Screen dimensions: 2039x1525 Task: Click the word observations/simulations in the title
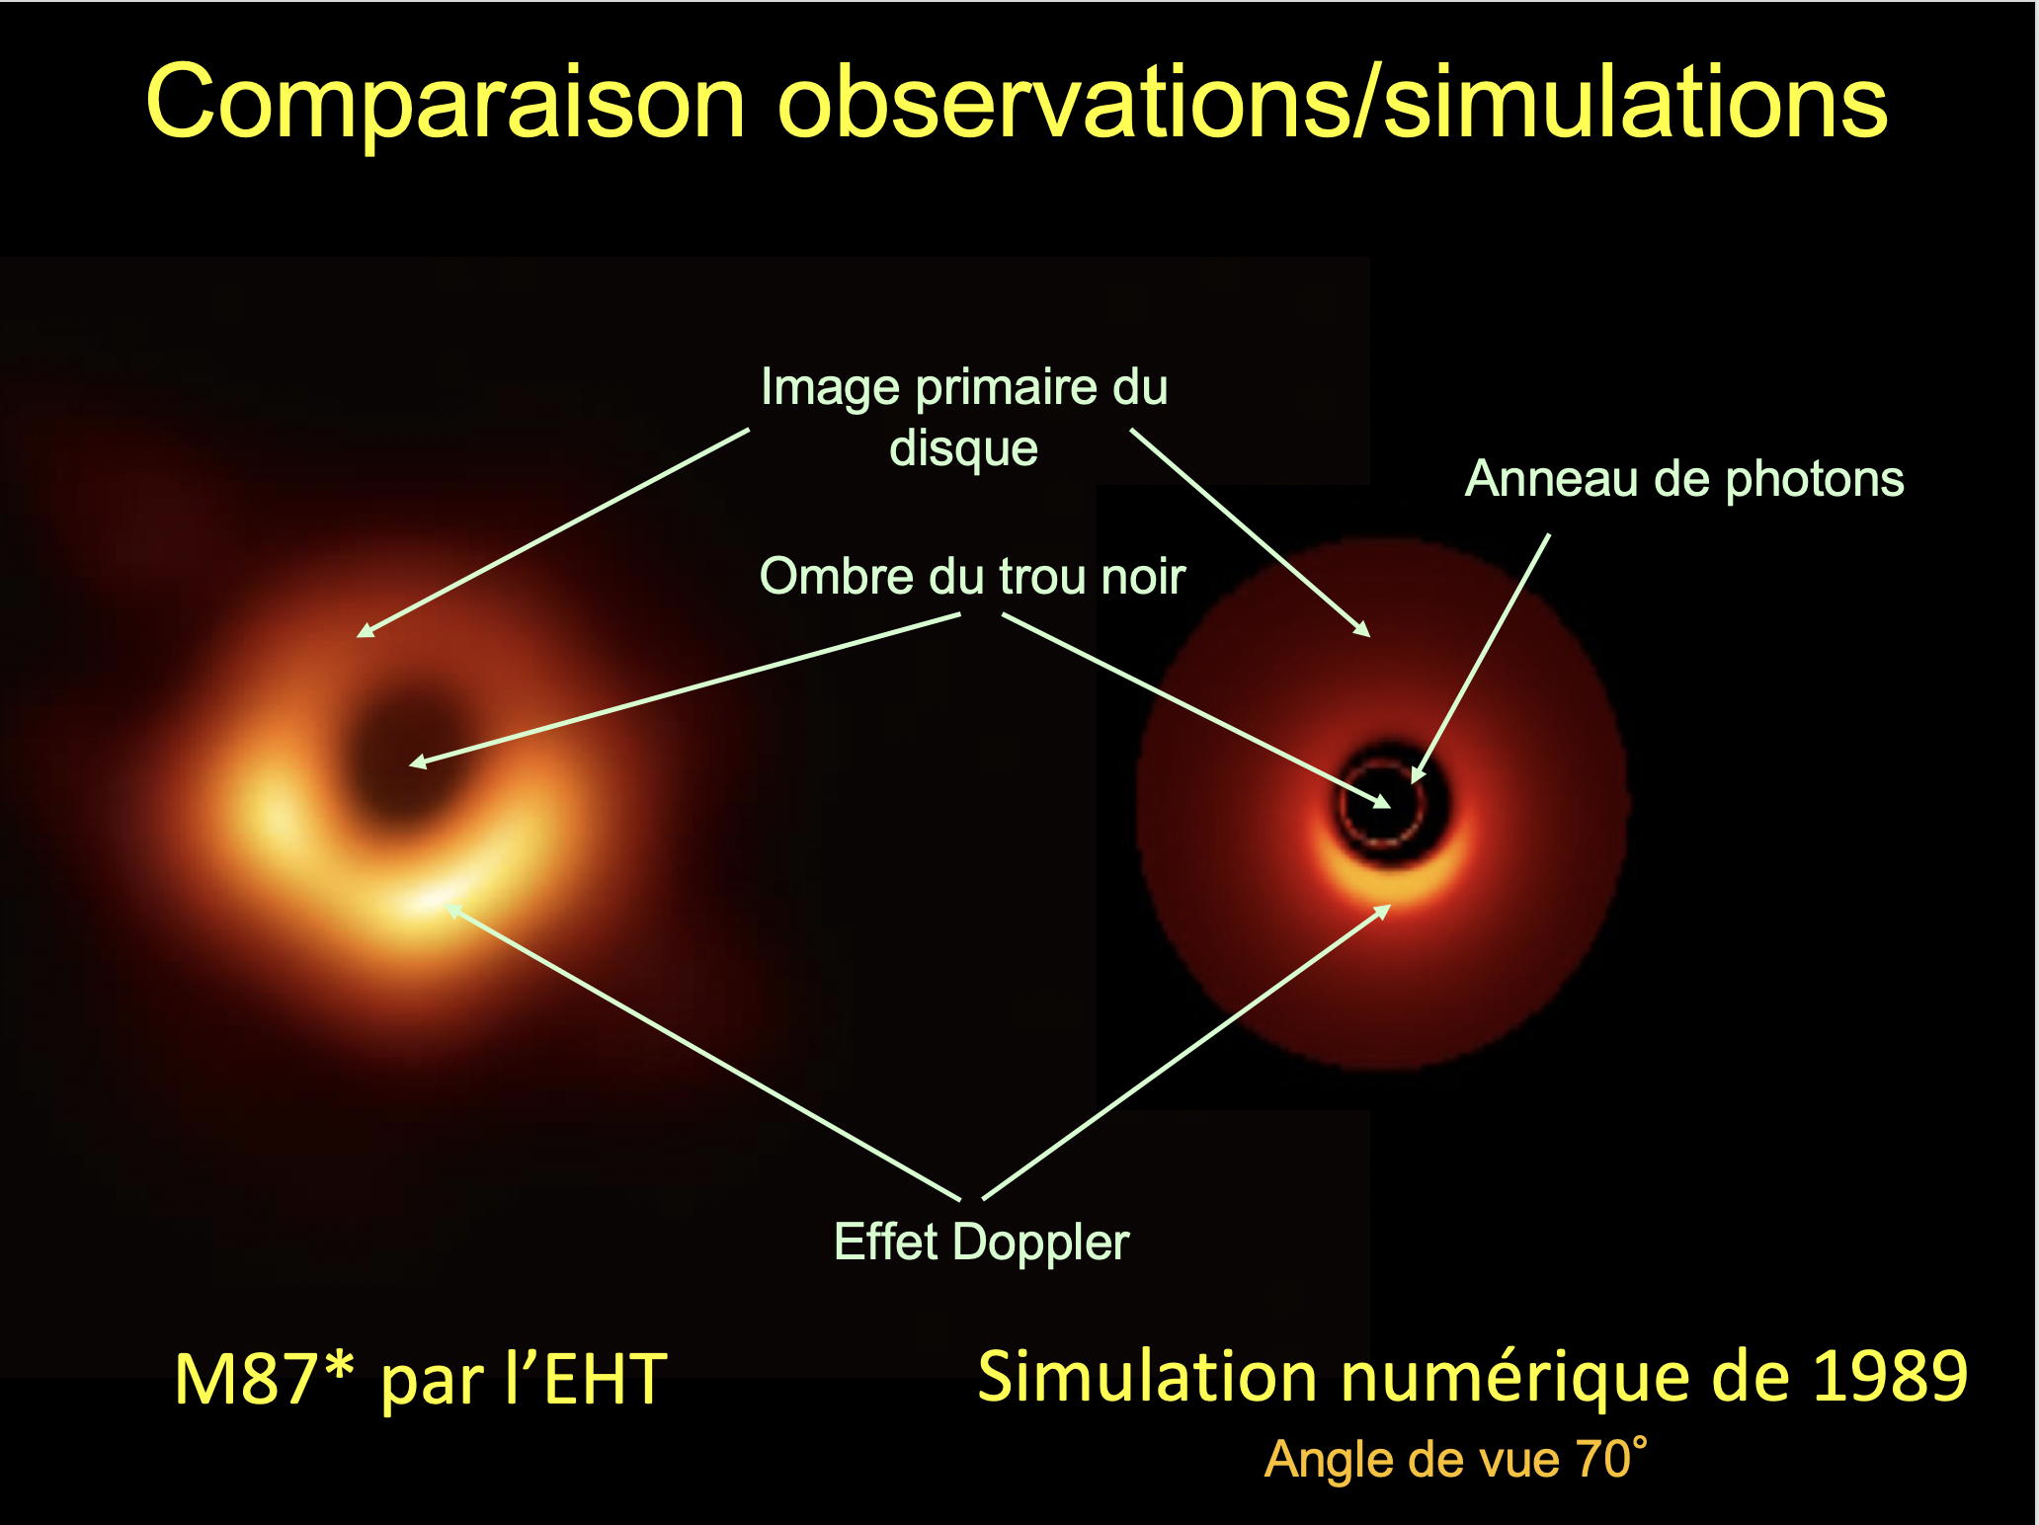(1333, 102)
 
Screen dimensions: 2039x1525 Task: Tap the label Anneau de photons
(1683, 479)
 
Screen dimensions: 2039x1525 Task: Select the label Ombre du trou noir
(972, 576)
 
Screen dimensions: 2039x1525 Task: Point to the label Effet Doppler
(981, 1242)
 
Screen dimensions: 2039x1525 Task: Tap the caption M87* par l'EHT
(421, 1380)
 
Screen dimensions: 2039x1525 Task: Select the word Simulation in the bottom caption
(1147, 1376)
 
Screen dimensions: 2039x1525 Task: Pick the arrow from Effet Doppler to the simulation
(1186, 1052)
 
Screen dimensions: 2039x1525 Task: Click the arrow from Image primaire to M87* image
(553, 532)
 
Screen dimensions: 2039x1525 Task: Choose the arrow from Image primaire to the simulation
(1251, 532)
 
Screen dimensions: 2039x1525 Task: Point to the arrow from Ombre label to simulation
(1196, 710)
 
